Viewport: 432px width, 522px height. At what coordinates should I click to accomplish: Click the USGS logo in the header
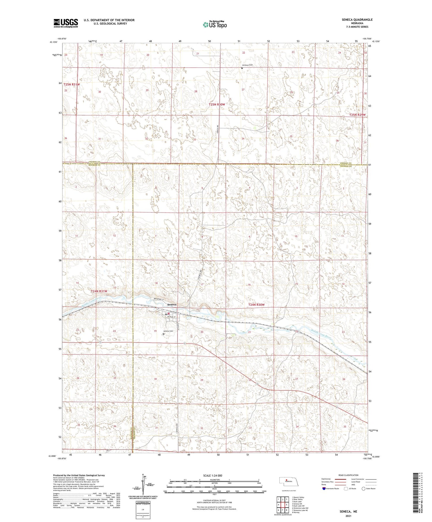66,23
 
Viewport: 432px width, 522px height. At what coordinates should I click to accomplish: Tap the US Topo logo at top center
215,25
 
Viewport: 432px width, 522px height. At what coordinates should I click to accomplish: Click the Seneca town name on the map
172,305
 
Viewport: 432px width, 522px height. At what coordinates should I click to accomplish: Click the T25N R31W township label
72,84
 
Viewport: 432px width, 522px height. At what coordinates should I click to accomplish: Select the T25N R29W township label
357,115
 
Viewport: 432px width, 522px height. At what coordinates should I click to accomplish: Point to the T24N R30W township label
256,305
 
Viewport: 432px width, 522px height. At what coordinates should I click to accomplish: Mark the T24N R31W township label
99,291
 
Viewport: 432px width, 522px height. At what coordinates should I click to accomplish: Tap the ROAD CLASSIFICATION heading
348,475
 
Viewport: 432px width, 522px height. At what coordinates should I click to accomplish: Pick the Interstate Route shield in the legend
324,489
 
